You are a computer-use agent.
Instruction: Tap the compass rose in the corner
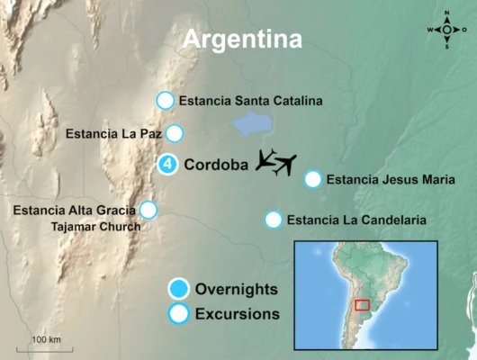pyautogui.click(x=448, y=30)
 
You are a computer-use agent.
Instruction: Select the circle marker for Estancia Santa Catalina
pyautogui.click(x=165, y=101)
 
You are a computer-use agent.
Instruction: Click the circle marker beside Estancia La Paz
pyautogui.click(x=175, y=134)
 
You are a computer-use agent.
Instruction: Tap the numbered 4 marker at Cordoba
pyautogui.click(x=166, y=165)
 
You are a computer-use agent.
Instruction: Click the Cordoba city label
pyautogui.click(x=215, y=165)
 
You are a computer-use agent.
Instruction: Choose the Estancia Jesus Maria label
pyautogui.click(x=385, y=179)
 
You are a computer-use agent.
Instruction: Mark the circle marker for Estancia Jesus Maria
pyautogui.click(x=312, y=179)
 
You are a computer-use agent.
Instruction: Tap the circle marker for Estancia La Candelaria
pyautogui.click(x=273, y=219)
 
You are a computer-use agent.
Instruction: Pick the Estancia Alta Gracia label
pyautogui.click(x=75, y=211)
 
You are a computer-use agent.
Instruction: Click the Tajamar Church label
pyautogui.click(x=95, y=227)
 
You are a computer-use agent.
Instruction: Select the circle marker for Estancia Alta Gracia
pyautogui.click(x=148, y=210)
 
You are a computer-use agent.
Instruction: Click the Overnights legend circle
pyautogui.click(x=179, y=289)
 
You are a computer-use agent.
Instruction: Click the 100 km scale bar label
pyautogui.click(x=46, y=339)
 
